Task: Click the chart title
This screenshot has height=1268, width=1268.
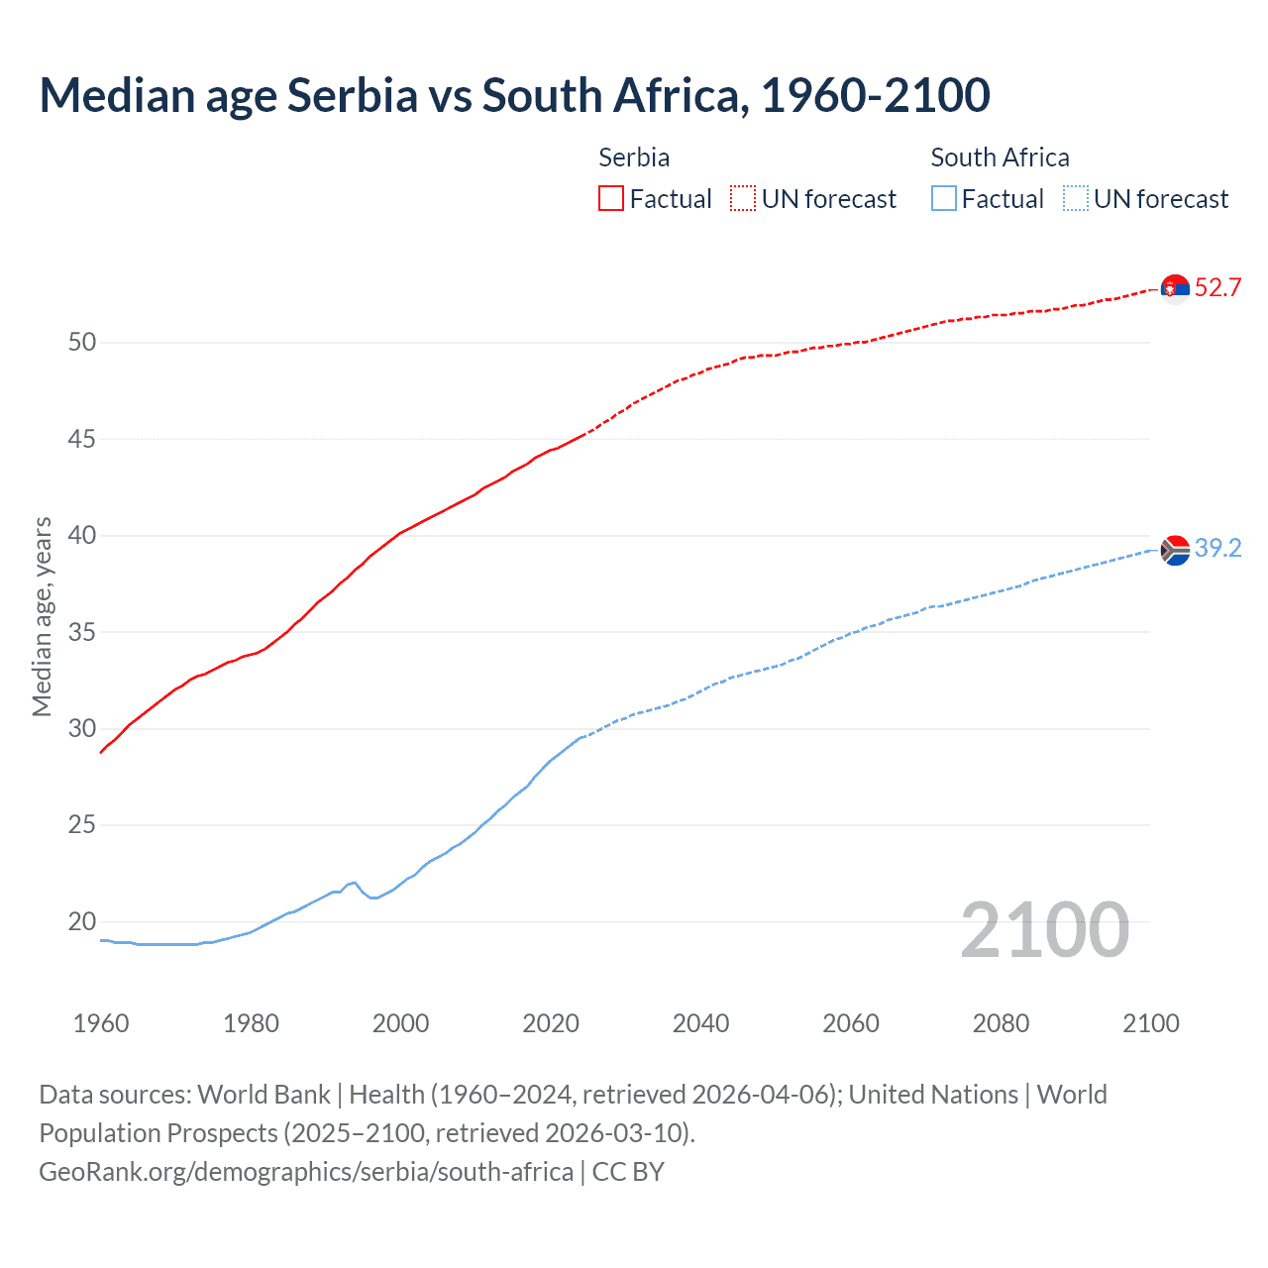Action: click(514, 96)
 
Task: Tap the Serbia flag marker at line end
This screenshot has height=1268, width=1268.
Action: click(1175, 288)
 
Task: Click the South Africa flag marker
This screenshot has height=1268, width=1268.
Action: click(1175, 549)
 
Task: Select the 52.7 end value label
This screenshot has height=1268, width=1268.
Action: click(1217, 288)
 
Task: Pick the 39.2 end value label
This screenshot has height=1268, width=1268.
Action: click(1217, 549)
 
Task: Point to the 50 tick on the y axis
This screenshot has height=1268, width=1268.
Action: click(82, 343)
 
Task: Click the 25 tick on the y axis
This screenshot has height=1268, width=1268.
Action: click(82, 825)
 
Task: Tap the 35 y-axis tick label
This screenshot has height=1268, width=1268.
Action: click(82, 632)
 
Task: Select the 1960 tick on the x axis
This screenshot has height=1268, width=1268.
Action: click(101, 1023)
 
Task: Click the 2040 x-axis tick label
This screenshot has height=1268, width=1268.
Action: click(700, 1023)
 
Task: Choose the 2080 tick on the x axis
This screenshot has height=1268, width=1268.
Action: click(1001, 1023)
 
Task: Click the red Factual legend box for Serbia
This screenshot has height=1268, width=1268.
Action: click(611, 199)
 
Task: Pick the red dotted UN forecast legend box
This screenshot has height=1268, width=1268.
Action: click(743, 199)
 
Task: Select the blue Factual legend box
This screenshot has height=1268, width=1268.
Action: click(944, 199)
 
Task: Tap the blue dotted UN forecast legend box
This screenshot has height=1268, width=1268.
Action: click(1075, 199)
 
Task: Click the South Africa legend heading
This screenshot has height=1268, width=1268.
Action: click(1000, 158)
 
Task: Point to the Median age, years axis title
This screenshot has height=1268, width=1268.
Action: click(42, 616)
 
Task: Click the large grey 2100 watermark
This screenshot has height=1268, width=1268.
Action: click(1044, 930)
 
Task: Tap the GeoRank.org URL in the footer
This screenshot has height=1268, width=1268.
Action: click(306, 1172)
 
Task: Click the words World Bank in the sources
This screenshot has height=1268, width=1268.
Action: click(264, 1095)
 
